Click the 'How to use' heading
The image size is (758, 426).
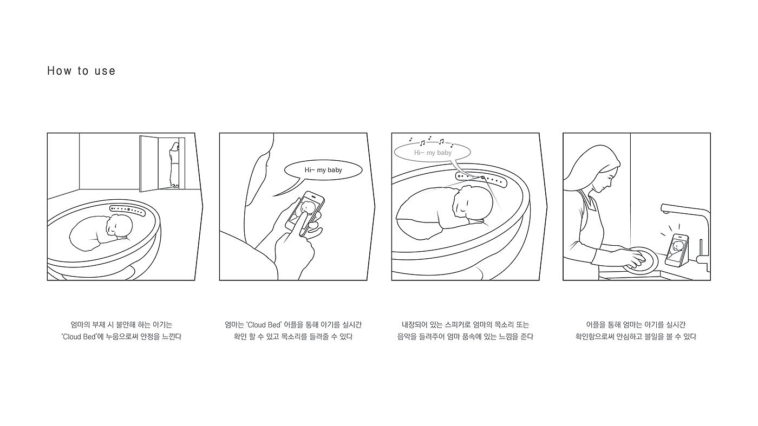[x=81, y=71]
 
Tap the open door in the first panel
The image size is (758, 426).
[x=149, y=164]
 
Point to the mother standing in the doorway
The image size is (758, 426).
[x=174, y=165]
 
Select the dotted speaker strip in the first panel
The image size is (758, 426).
[x=128, y=210]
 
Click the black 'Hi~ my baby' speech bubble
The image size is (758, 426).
[x=323, y=170]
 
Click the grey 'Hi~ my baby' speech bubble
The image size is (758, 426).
[x=433, y=153]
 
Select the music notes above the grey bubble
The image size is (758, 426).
[x=431, y=141]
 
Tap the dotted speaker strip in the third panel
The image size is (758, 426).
[x=481, y=180]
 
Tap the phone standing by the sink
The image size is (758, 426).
[x=677, y=251]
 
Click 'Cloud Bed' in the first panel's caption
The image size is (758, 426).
[x=79, y=337]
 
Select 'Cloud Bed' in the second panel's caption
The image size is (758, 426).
[x=264, y=325]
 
